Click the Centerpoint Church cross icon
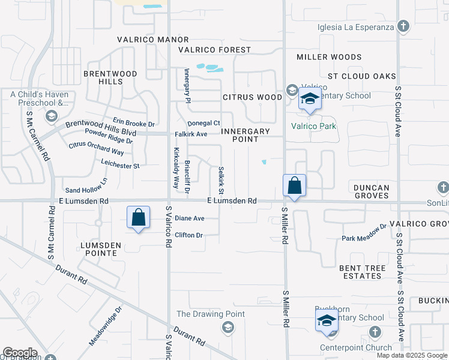[x=375, y=332]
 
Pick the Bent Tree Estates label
[x=360, y=272]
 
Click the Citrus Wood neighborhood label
[x=252, y=97]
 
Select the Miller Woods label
[x=329, y=57]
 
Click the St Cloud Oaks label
[x=361, y=76]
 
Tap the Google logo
[x=20, y=353]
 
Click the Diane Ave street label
[x=190, y=218]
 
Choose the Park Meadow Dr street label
[x=364, y=234]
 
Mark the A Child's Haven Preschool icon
[x=52, y=115]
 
